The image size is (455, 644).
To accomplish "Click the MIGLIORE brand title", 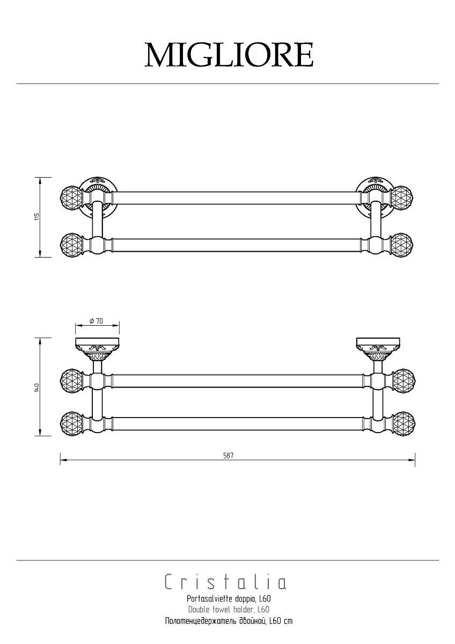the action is [229, 55].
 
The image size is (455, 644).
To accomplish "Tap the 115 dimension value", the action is [36, 217].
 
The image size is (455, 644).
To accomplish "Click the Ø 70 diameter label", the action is [96, 321].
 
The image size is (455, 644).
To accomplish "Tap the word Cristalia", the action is [226, 582].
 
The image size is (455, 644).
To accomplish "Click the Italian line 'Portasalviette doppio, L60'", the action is [229, 599].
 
